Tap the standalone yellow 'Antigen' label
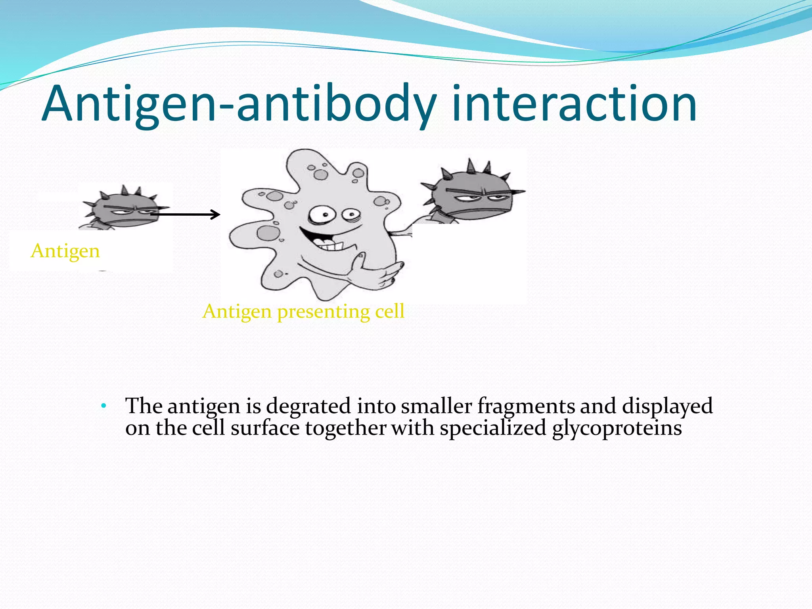point(65,251)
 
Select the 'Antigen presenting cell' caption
point(303,311)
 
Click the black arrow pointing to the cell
point(186,214)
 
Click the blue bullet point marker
point(103,406)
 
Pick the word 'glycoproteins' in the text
point(617,428)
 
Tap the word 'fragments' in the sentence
point(526,406)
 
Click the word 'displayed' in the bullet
point(667,406)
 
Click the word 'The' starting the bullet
point(144,406)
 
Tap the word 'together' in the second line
point(345,428)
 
